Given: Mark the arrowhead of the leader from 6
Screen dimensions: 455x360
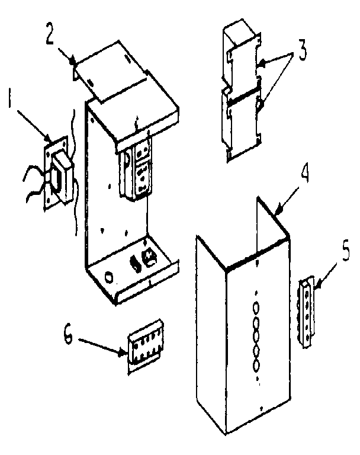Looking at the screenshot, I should pyautogui.click(x=126, y=354).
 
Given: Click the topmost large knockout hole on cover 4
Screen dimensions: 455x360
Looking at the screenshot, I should pyautogui.click(x=256, y=307).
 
